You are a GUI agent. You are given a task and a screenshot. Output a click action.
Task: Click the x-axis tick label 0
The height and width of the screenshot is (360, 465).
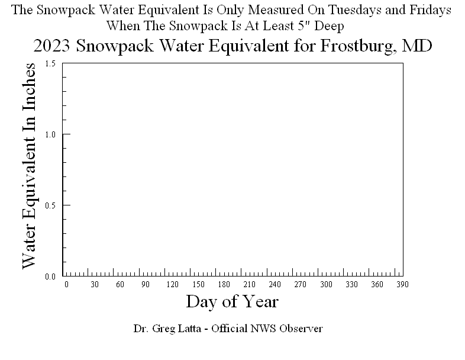pos(66,285)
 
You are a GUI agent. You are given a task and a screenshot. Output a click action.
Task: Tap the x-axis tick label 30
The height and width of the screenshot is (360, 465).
pos(95,285)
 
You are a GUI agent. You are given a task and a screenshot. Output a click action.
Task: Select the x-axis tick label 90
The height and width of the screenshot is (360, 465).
pos(146,285)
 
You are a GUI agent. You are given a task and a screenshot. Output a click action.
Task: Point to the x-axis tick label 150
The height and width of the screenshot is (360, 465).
pos(198,285)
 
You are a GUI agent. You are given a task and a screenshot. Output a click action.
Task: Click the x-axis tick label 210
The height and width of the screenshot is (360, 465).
pos(249,285)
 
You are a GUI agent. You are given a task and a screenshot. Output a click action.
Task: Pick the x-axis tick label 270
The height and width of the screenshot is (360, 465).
pos(301,285)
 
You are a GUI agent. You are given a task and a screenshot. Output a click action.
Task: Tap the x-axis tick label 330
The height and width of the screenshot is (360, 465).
pos(352,285)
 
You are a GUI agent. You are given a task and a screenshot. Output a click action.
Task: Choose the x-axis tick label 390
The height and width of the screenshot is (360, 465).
pos(403,285)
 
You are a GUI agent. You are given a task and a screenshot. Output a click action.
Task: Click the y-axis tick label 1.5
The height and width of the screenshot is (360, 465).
pos(50,63)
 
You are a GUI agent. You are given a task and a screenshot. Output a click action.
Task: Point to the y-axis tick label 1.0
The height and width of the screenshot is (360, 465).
pos(50,134)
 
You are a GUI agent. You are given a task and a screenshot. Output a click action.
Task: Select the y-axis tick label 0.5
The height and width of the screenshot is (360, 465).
pos(50,205)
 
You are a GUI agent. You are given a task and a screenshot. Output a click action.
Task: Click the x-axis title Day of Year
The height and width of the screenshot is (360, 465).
pos(232,301)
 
